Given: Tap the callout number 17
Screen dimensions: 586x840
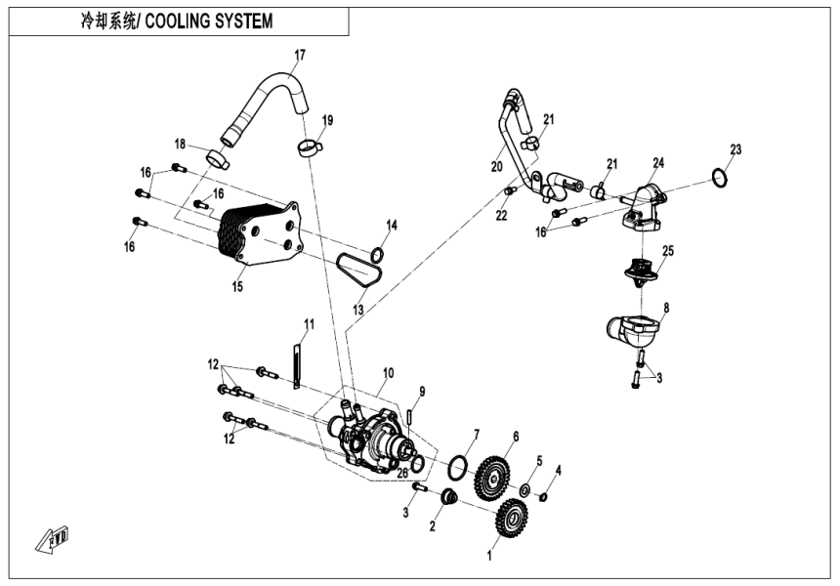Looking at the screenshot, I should [x=300, y=54].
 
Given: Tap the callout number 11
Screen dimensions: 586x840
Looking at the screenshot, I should [x=309, y=323].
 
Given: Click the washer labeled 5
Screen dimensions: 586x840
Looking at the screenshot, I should [x=525, y=487].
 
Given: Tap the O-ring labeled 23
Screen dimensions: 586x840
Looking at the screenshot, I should [x=718, y=179].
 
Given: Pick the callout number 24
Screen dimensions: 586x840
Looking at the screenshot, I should [x=658, y=162].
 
